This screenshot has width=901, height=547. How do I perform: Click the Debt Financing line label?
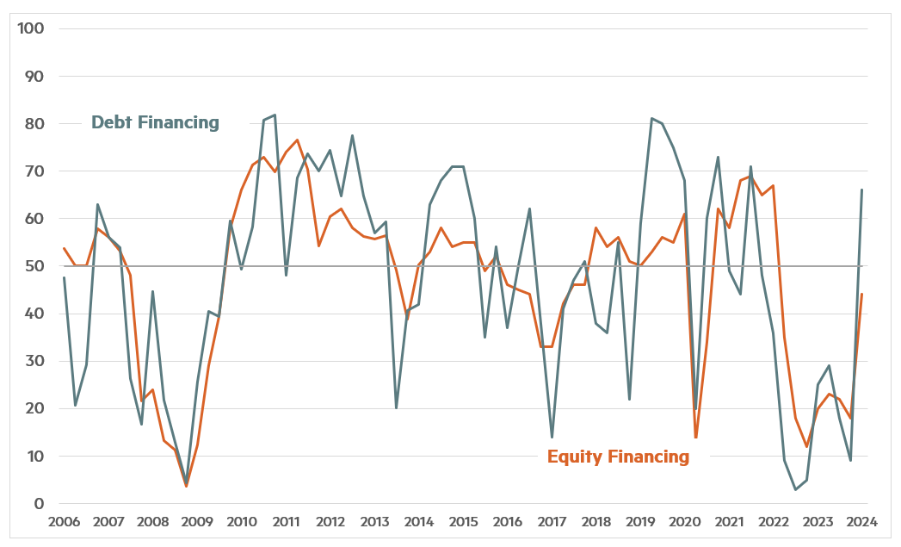[x=156, y=122]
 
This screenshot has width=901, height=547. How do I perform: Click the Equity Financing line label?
[x=618, y=457]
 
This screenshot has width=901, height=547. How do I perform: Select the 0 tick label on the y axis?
[x=40, y=504]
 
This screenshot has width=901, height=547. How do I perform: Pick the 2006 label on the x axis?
[x=65, y=522]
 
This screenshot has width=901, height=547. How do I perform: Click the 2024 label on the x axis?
[x=861, y=522]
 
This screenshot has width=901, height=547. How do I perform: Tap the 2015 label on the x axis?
[x=463, y=522]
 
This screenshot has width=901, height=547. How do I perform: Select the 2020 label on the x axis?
[x=684, y=522]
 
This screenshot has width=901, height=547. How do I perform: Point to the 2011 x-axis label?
[x=286, y=522]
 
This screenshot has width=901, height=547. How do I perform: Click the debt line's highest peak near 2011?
[x=275, y=115]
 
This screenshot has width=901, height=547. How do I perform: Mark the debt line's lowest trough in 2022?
[x=795, y=489]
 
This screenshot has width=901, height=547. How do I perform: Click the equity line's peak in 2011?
[x=297, y=140]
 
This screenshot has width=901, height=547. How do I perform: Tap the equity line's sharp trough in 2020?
[x=696, y=438]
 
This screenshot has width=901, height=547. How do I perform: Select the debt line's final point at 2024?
[x=861, y=190]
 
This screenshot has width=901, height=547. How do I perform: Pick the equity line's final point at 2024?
[x=861, y=295]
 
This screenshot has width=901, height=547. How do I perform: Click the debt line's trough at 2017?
[x=552, y=437]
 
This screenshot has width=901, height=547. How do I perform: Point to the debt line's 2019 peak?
[x=651, y=119]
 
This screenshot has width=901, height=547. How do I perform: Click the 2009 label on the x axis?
[x=197, y=522]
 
